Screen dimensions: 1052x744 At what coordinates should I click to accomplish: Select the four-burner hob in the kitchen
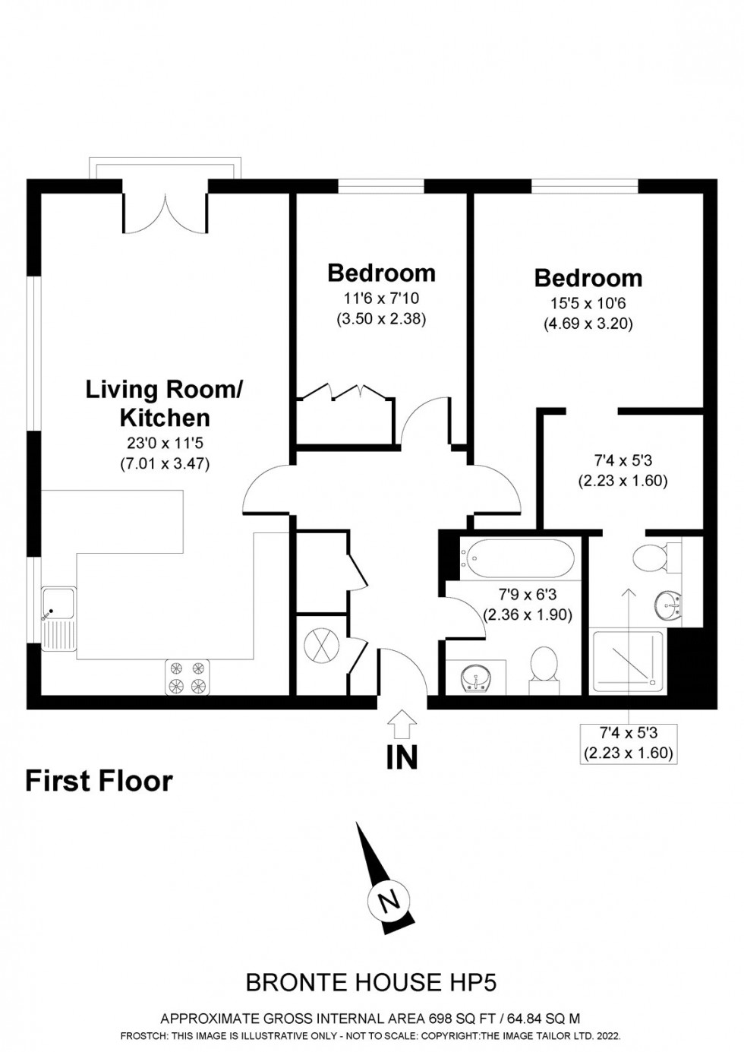coord(187,677)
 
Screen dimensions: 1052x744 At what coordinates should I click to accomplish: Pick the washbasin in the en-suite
coord(668,605)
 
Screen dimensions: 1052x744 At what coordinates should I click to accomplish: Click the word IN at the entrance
coord(402,757)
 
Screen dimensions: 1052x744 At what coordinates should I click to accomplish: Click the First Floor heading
coord(99,781)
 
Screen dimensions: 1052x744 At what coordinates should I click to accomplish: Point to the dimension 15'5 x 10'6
coord(588,304)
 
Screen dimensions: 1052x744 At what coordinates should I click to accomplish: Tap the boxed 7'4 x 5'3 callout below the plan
coord(628,743)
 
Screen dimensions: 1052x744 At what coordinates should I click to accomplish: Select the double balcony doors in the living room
coord(165,212)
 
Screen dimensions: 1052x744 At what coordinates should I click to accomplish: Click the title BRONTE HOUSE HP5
coord(371,982)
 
